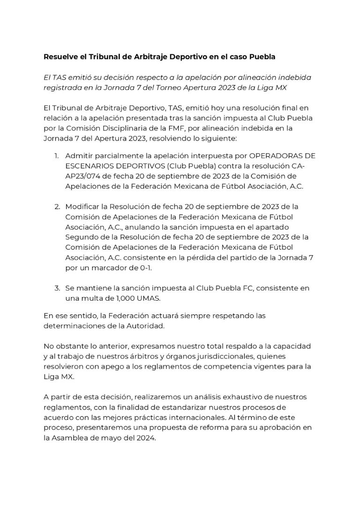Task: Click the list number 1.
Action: (x=56, y=156)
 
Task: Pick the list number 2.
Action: (x=57, y=207)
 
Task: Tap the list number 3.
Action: (x=57, y=288)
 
